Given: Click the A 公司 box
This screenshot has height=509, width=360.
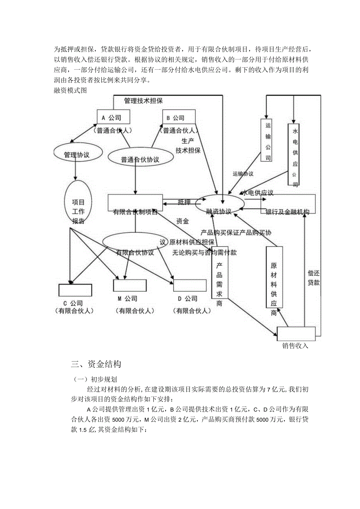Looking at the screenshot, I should [113, 117].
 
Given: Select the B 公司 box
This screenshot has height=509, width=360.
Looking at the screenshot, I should [178, 117].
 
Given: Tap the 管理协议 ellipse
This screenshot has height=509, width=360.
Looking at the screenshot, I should [77, 155].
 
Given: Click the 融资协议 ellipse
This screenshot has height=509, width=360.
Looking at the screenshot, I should [219, 206].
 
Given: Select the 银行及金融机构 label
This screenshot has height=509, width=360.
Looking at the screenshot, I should [288, 212].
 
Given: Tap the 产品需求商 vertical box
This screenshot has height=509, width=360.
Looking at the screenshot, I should [220, 278].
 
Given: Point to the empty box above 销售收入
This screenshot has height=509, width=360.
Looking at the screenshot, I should [296, 333].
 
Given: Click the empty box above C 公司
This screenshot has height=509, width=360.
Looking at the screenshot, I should [75, 290].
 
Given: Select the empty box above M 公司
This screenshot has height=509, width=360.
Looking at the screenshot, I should [130, 285].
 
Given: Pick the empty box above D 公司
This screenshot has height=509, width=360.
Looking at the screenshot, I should [190, 285].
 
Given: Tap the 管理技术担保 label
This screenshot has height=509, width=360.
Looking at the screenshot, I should [143, 101].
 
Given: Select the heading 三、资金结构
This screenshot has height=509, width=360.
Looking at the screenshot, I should [96, 364].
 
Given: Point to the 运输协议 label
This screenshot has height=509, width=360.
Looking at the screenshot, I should [243, 174].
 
